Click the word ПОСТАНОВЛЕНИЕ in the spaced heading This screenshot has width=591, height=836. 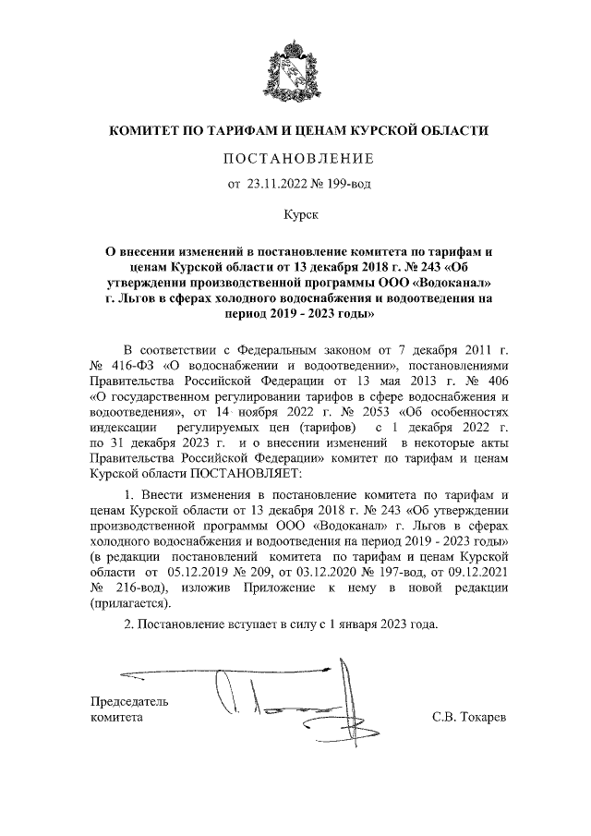pyautogui.click(x=295, y=158)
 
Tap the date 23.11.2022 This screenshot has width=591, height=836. pyautogui.click(x=276, y=184)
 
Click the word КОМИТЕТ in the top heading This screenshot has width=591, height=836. pyautogui.click(x=151, y=131)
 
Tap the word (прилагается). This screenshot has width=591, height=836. pyautogui.click(x=130, y=604)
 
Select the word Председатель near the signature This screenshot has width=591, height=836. pyautogui.click(x=129, y=700)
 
